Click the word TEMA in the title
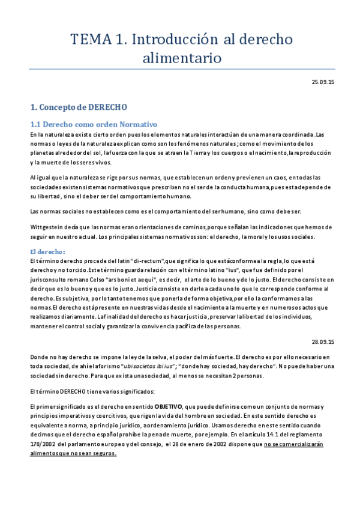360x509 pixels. click(x=90, y=40)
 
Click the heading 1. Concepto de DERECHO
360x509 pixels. click(x=79, y=108)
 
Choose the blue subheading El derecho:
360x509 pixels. click(x=47, y=251)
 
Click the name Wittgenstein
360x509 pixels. click(x=49, y=226)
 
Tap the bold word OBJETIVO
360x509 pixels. click(x=170, y=406)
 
